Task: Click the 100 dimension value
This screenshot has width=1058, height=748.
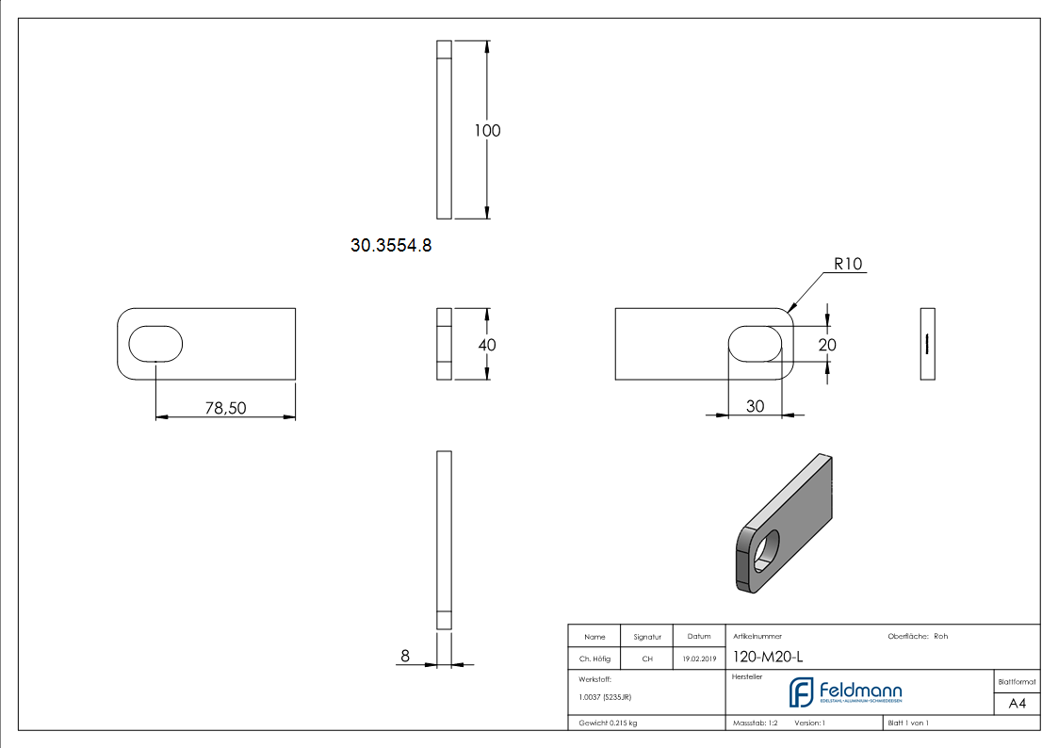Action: click(487, 131)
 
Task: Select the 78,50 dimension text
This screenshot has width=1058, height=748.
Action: click(226, 407)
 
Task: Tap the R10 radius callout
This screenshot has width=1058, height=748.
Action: click(848, 265)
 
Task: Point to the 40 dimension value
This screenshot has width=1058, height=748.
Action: click(486, 345)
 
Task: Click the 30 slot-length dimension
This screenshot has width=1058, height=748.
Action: click(755, 406)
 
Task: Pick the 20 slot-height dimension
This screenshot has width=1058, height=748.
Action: click(827, 345)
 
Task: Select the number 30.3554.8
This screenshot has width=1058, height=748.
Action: click(391, 246)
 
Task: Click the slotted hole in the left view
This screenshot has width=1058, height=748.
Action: click(155, 344)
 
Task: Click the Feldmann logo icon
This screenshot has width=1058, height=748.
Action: click(801, 692)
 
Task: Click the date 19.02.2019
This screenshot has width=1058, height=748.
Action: click(699, 659)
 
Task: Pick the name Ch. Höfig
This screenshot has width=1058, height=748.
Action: click(594, 659)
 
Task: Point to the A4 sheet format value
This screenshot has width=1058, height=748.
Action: click(1017, 703)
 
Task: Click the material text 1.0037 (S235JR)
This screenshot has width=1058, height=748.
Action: click(605, 697)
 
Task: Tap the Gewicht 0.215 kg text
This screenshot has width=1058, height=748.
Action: click(608, 724)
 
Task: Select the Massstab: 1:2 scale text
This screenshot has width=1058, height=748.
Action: click(756, 724)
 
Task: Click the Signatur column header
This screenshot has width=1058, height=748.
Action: click(647, 637)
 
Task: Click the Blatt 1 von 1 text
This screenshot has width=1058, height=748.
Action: click(908, 724)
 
